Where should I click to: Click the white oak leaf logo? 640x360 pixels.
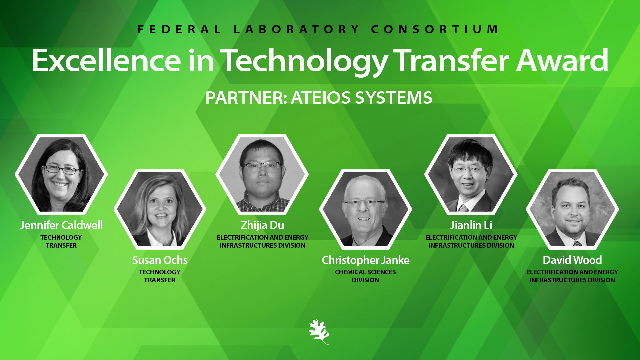tap(319, 332)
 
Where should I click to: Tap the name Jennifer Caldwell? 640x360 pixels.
tap(61, 225)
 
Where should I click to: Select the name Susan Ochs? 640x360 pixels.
tap(160, 260)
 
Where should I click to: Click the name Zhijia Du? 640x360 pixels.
tap(262, 225)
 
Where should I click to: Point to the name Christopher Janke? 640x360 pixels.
tap(365, 260)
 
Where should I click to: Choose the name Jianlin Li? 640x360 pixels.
tap(471, 225)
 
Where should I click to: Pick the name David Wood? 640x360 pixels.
tap(572, 260)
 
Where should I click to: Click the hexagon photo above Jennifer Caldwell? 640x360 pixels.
tap(61, 174)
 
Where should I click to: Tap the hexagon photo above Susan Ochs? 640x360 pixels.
tap(160, 209)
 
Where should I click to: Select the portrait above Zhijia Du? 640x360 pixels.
tap(262, 174)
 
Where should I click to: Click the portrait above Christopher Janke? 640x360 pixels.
tap(365, 209)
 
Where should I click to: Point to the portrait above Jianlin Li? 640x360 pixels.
tap(471, 174)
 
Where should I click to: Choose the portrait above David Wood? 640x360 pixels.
tap(572, 209)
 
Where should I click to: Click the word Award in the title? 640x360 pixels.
tap(562, 60)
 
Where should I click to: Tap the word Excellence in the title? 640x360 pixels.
tap(107, 60)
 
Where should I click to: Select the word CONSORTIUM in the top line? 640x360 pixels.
tap(435, 29)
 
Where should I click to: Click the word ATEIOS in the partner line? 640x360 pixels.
tap(321, 98)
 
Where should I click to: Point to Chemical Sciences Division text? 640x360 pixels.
tap(365, 276)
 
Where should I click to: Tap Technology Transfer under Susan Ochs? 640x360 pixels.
tap(160, 276)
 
